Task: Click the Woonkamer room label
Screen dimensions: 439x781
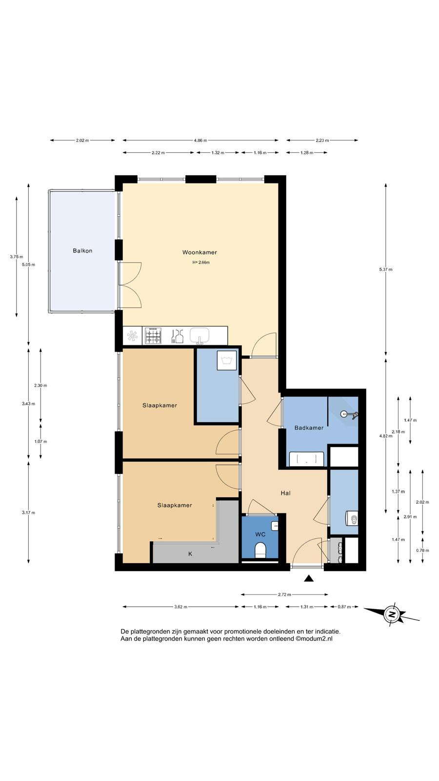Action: pos(200,252)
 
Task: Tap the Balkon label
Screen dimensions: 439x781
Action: pos(82,251)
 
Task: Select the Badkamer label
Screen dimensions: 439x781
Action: pos(309,428)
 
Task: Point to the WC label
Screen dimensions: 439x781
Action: pos(260,534)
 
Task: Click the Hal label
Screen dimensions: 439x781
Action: pos(286,493)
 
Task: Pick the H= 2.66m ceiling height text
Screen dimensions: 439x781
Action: pos(201,263)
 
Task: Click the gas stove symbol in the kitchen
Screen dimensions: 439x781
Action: pos(153,336)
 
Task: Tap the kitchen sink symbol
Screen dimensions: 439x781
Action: pos(200,336)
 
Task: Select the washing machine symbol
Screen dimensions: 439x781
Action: pos(226,360)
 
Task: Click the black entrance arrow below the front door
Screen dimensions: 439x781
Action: pos(309,579)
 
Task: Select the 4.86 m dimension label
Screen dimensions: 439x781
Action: pos(200,141)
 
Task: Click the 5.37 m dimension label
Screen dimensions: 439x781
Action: pos(386,269)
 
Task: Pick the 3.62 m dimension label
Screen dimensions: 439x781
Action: pos(180,607)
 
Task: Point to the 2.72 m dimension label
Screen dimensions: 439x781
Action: pos(284,595)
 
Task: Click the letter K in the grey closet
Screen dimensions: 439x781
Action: pos(190,554)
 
